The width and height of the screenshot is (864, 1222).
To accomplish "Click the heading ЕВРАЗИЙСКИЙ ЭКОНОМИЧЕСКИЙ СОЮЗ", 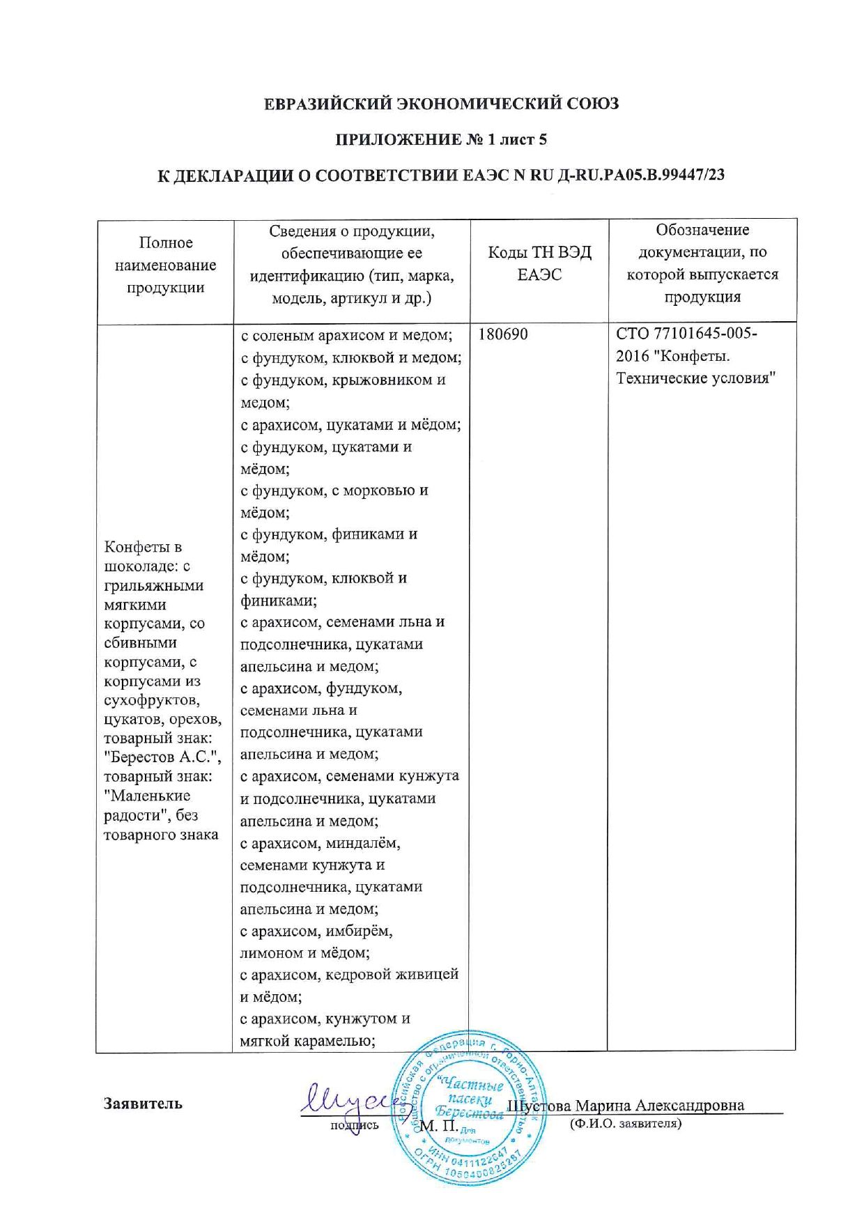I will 442,104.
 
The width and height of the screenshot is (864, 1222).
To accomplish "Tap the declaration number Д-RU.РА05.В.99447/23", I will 641,175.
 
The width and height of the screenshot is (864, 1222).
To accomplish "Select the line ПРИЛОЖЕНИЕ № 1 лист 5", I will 441,139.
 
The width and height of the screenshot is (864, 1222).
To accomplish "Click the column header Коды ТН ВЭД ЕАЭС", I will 539,263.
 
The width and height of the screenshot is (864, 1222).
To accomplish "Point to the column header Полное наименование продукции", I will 165,265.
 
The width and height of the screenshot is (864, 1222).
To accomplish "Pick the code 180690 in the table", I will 503,334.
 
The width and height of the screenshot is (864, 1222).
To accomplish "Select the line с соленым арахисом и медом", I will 346,335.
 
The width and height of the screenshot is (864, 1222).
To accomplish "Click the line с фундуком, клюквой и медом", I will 350,357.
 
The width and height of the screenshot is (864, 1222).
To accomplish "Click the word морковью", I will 390,490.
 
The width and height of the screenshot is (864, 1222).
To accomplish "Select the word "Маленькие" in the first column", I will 147,796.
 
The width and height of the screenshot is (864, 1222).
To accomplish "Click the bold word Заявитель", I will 144,1104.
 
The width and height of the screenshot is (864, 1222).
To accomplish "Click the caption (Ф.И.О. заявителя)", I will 626,1123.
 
